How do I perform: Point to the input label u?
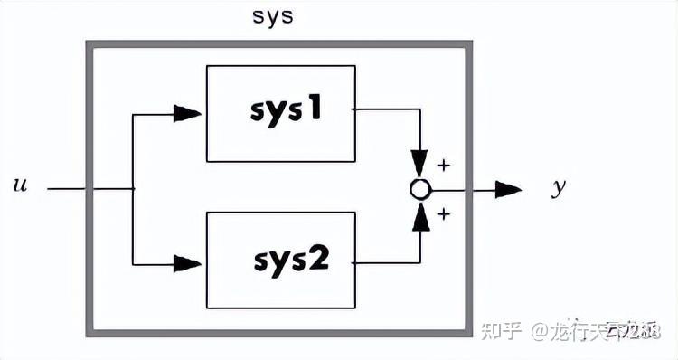pos(20,186)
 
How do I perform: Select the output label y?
pos(559,187)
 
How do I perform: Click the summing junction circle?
pos(419,189)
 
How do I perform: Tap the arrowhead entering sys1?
pos(188,113)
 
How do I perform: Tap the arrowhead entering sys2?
pos(188,263)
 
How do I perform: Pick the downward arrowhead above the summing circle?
pos(419,164)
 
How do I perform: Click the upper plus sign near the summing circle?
pos(443,166)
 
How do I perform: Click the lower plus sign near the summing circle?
pos(443,214)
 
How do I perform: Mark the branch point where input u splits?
pos(133,189)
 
